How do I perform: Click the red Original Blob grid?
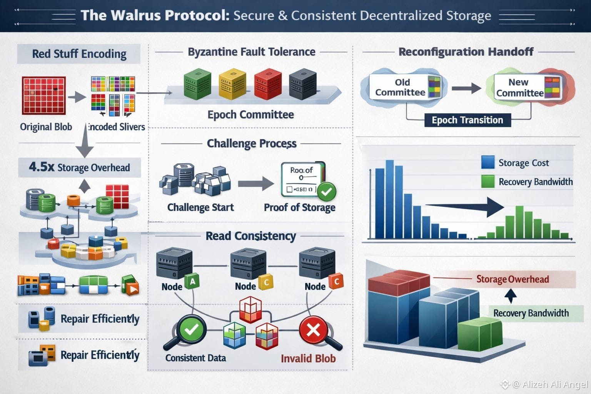(43, 95)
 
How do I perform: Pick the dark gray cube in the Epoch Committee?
(302, 83)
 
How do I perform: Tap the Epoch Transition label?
(467, 120)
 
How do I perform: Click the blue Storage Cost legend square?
(487, 162)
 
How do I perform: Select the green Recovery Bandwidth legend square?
(487, 181)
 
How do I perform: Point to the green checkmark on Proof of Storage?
(327, 191)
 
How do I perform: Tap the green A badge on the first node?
(192, 282)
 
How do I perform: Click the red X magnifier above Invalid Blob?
(313, 330)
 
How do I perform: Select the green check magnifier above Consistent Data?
(191, 329)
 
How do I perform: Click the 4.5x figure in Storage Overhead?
(42, 167)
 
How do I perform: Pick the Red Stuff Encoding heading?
(79, 54)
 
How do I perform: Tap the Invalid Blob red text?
(308, 359)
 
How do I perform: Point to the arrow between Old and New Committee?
(466, 88)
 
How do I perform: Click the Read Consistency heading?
(250, 236)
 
